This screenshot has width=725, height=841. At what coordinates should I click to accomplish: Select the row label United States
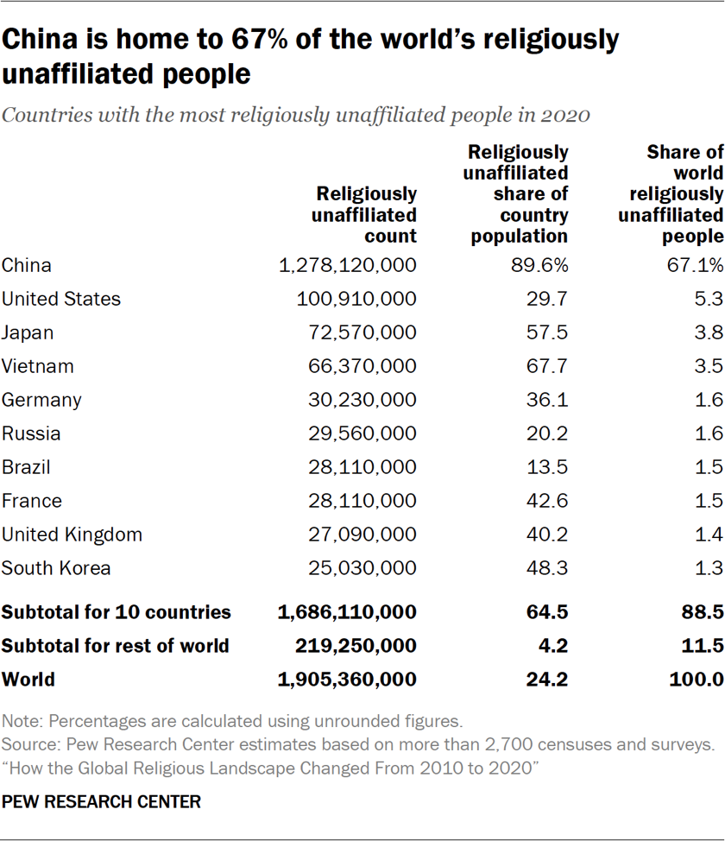coord(61,299)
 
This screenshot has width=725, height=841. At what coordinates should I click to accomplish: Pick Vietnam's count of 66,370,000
coord(362,366)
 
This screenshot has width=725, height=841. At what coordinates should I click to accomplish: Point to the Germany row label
coord(41,400)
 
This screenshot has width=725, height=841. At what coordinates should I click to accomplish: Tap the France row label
coord(32,501)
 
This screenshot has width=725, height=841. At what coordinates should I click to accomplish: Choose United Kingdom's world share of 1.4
coord(709,534)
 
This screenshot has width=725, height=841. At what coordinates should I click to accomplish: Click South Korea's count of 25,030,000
coord(362,568)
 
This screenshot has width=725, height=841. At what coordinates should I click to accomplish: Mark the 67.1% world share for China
coord(700,265)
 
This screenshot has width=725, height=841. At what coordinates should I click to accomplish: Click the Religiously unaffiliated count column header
coord(364,215)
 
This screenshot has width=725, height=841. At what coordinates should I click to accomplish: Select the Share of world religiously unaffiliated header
coord(671,194)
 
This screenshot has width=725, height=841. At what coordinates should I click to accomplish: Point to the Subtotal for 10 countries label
coord(117,613)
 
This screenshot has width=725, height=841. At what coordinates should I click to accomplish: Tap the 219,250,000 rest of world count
coord(356,646)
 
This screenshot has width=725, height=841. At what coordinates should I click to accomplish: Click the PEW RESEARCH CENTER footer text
coord(102,802)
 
